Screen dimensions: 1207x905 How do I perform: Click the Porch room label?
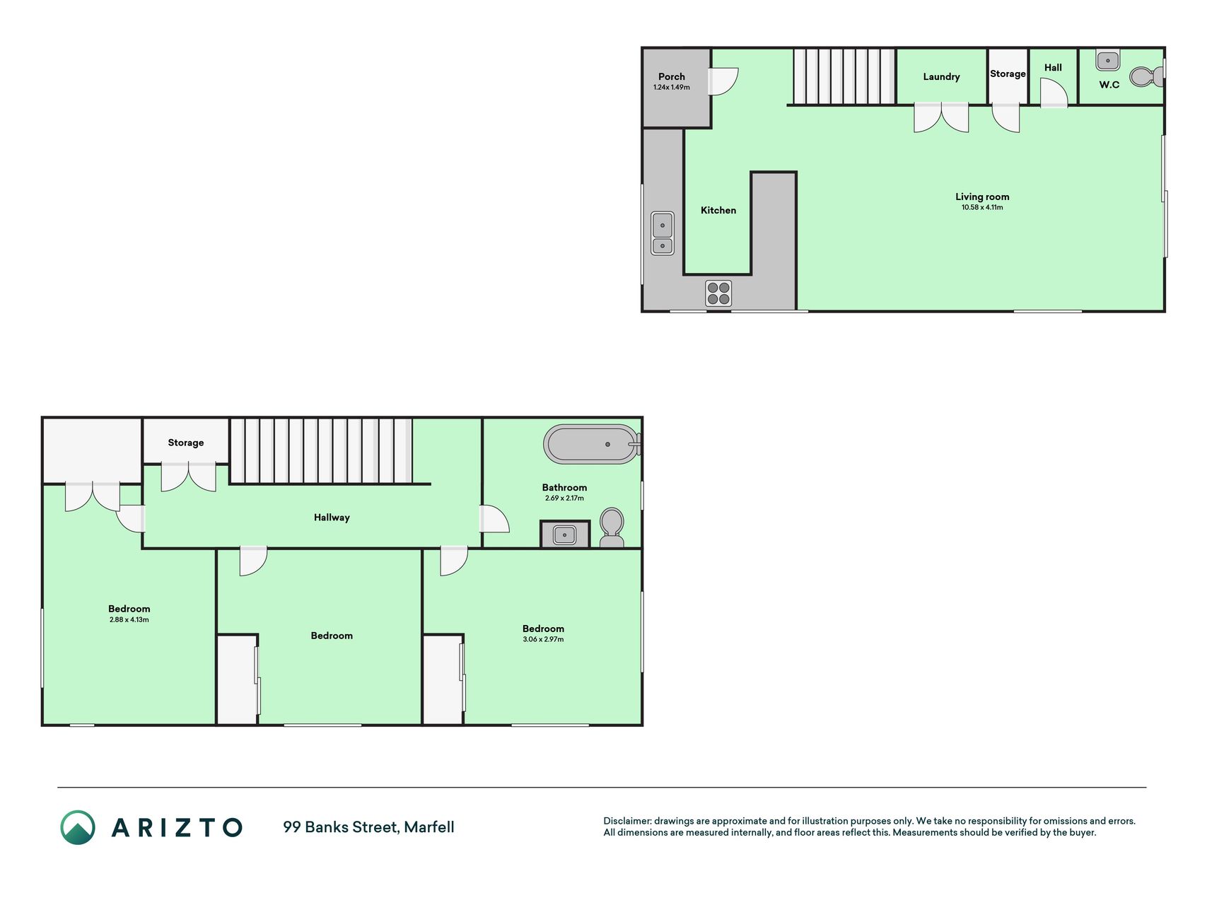pyautogui.click(x=671, y=76)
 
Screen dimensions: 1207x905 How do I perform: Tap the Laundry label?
pyautogui.click(x=941, y=76)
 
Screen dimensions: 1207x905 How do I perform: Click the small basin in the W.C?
pyautogui.click(x=1108, y=60)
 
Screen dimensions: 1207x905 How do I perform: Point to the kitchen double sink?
pyautogui.click(x=663, y=233)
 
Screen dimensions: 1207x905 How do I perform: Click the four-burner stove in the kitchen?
pyautogui.click(x=718, y=293)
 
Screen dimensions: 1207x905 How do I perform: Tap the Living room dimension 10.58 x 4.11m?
pyautogui.click(x=982, y=208)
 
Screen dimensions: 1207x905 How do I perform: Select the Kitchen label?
pyautogui.click(x=718, y=210)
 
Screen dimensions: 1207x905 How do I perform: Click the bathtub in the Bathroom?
pyautogui.click(x=593, y=444)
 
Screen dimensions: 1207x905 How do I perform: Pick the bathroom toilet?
pyautogui.click(x=612, y=527)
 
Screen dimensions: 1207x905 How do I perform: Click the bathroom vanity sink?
pyautogui.click(x=564, y=535)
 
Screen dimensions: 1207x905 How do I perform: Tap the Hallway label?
pyautogui.click(x=332, y=518)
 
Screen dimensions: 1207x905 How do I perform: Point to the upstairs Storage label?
pyautogui.click(x=186, y=443)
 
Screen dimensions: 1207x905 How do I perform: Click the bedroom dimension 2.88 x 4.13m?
pyautogui.click(x=129, y=620)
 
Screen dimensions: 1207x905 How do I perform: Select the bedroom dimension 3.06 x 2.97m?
pyautogui.click(x=543, y=640)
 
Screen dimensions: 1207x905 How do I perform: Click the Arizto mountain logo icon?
pyautogui.click(x=78, y=827)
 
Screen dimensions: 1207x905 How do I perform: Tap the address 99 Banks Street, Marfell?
pyautogui.click(x=368, y=827)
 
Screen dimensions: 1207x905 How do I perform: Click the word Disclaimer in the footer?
pyautogui.click(x=627, y=821)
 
